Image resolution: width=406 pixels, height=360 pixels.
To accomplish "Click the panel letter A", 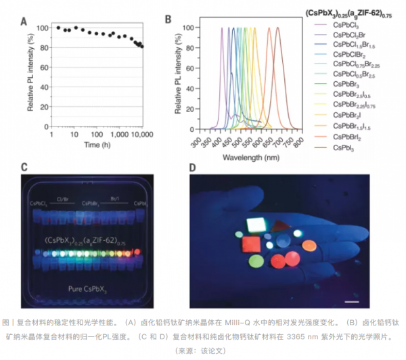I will pos(24,20).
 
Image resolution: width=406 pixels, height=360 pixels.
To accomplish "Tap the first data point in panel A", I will pos(59,28).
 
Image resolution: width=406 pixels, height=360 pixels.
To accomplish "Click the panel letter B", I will pos(168,20).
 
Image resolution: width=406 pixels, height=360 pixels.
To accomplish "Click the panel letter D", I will pos(195,167).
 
